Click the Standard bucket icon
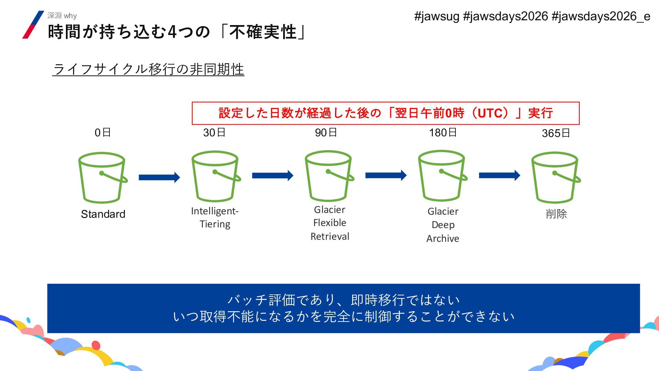(x=102, y=178)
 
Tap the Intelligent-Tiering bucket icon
(x=215, y=176)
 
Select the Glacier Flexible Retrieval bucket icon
(x=328, y=176)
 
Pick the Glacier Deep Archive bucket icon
(x=442, y=176)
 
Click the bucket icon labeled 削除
(x=555, y=177)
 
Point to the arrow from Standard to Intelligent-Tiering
(x=159, y=177)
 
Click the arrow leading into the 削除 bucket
(x=499, y=176)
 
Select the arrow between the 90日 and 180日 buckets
(x=386, y=176)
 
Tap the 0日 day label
(x=103, y=133)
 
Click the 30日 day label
(x=214, y=133)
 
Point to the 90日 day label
(x=326, y=133)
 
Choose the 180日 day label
(x=443, y=133)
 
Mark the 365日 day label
(x=556, y=133)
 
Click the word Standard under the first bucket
(x=103, y=214)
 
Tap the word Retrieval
(x=330, y=236)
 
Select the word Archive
(x=443, y=238)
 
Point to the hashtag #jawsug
(x=437, y=16)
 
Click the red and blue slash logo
(x=33, y=24)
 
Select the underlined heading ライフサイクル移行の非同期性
(x=148, y=69)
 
